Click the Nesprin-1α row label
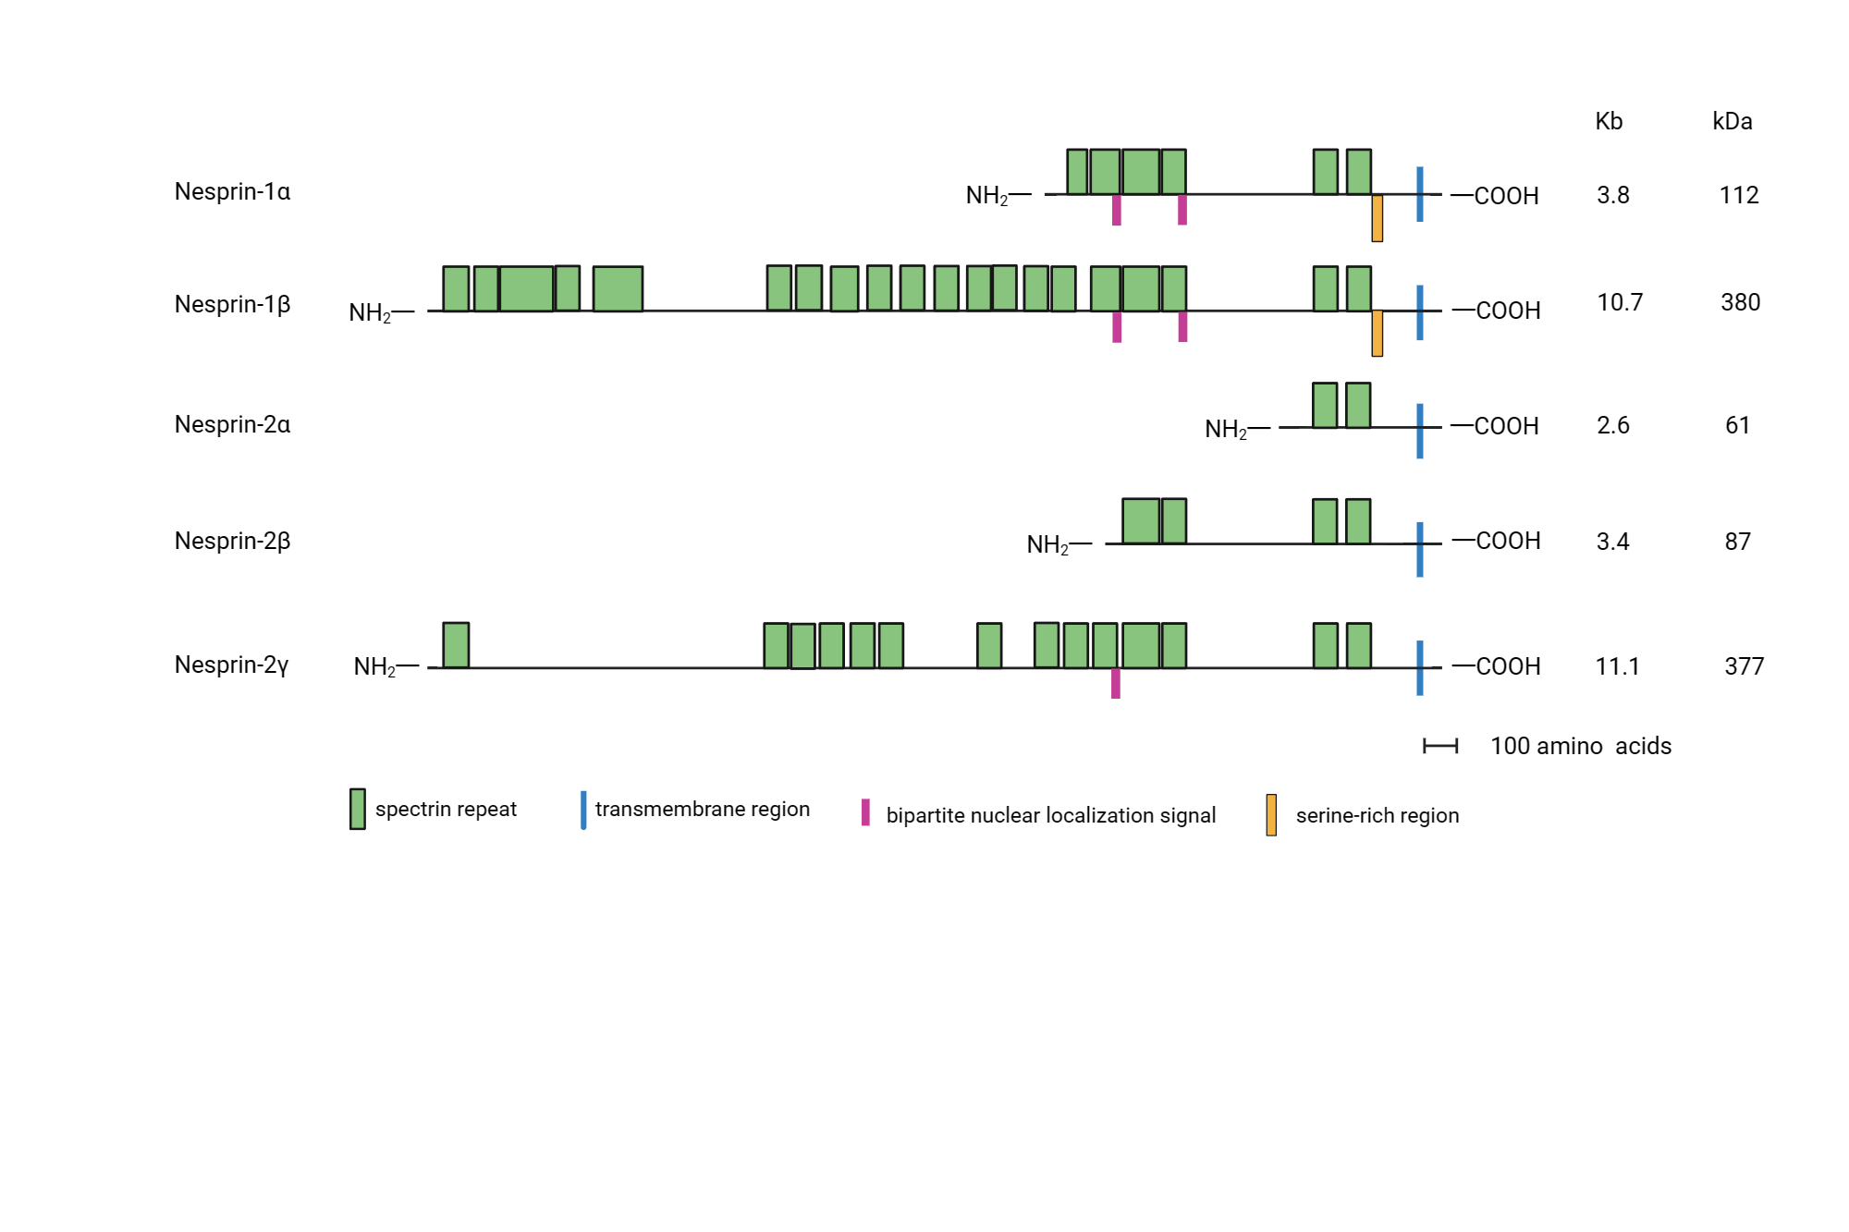232,191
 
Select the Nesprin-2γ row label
231,665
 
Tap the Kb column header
1609,121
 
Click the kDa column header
1732,121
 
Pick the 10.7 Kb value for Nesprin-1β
1620,302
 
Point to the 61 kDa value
1737,425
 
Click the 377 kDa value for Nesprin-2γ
1744,666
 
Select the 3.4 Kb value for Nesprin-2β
1612,542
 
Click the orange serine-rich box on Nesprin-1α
1377,218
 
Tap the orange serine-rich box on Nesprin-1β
1377,334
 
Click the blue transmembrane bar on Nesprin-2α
1420,431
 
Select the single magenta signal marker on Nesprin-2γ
1116,684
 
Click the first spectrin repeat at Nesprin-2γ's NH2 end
456,645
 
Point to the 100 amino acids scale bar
1440,746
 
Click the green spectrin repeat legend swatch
358,809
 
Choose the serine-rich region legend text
1377,815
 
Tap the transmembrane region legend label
702,810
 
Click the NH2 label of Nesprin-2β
1048,544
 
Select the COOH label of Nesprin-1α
1505,196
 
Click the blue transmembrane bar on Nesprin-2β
1420,549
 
